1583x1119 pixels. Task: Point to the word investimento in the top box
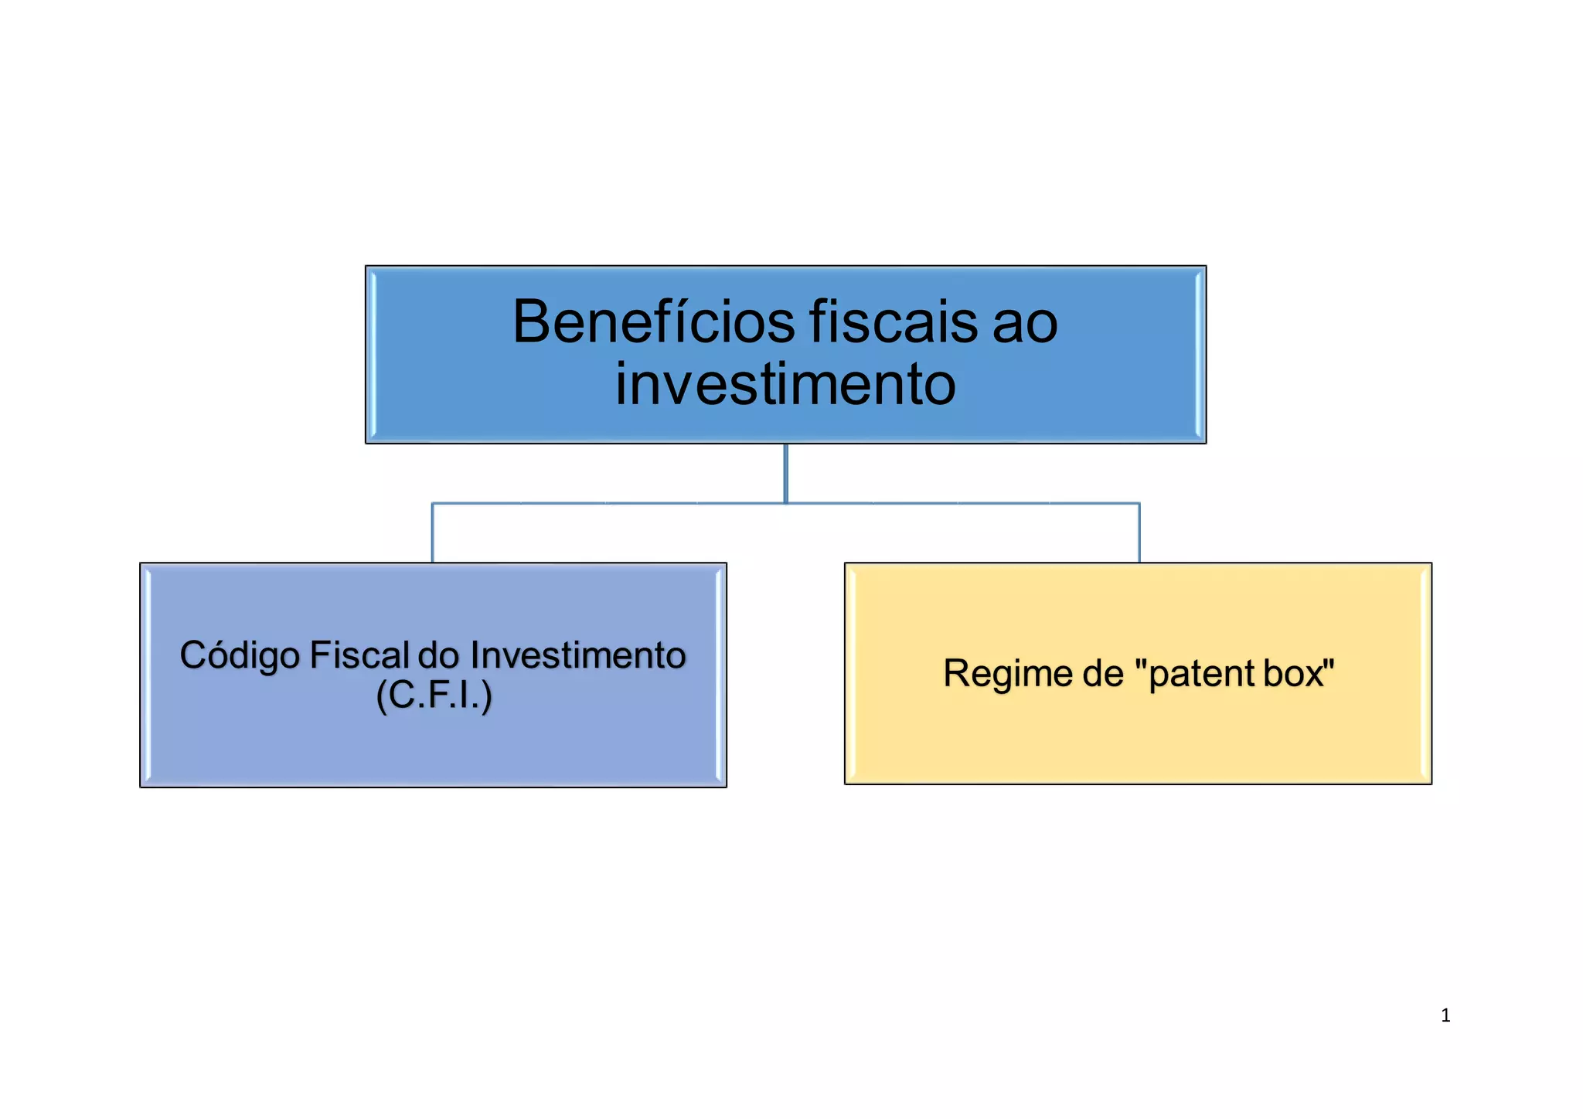tap(785, 384)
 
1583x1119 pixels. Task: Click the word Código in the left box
tap(240, 656)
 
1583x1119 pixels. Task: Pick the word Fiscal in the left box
tap(359, 655)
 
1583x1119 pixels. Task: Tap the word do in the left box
tap(438, 655)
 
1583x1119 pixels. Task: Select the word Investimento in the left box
tap(577, 655)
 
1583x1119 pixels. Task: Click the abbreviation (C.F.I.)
tap(434, 695)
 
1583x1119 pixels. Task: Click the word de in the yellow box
tap(1102, 673)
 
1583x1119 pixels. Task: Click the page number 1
tap(1445, 1015)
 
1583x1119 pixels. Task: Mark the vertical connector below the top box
tap(785, 473)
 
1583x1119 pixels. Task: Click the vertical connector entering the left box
tap(432, 533)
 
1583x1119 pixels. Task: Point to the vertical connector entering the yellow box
tap(1139, 533)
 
